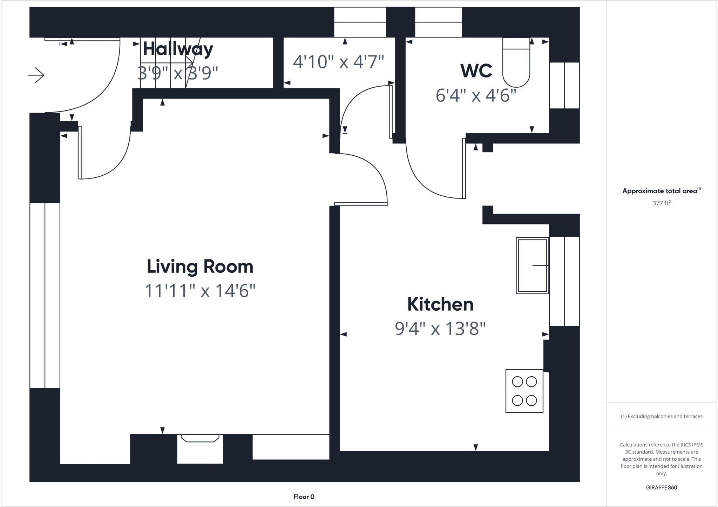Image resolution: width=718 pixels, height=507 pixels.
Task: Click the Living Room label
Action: pyautogui.click(x=200, y=266)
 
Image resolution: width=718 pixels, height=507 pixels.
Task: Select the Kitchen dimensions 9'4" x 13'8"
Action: pyautogui.click(x=440, y=329)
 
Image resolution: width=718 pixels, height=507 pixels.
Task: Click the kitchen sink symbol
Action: pyautogui.click(x=532, y=265)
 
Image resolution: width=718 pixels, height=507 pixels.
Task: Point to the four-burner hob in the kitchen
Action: pyautogui.click(x=524, y=391)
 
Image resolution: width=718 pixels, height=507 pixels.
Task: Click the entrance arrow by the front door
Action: pyautogui.click(x=36, y=75)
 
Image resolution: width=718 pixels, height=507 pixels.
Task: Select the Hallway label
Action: pyautogui.click(x=178, y=49)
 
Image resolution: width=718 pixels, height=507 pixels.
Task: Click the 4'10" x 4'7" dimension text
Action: pyautogui.click(x=338, y=62)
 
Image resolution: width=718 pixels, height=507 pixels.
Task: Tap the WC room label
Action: pyautogui.click(x=476, y=70)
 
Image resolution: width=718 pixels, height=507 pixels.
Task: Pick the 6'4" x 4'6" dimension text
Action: pyautogui.click(x=476, y=95)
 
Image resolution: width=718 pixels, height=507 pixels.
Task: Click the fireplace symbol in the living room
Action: pyautogui.click(x=200, y=438)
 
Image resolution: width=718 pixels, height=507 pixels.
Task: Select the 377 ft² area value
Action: pyautogui.click(x=661, y=203)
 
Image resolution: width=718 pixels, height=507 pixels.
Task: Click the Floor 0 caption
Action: pyautogui.click(x=304, y=497)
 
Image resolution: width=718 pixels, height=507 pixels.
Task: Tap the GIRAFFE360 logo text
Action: pyautogui.click(x=661, y=487)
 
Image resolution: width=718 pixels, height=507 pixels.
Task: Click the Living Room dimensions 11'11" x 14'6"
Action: pyautogui.click(x=200, y=291)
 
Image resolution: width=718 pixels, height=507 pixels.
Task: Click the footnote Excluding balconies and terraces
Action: pyautogui.click(x=661, y=417)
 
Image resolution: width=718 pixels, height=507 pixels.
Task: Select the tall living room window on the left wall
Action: pyautogui.click(x=45, y=295)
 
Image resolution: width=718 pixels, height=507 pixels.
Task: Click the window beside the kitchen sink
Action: pyautogui.click(x=564, y=281)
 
